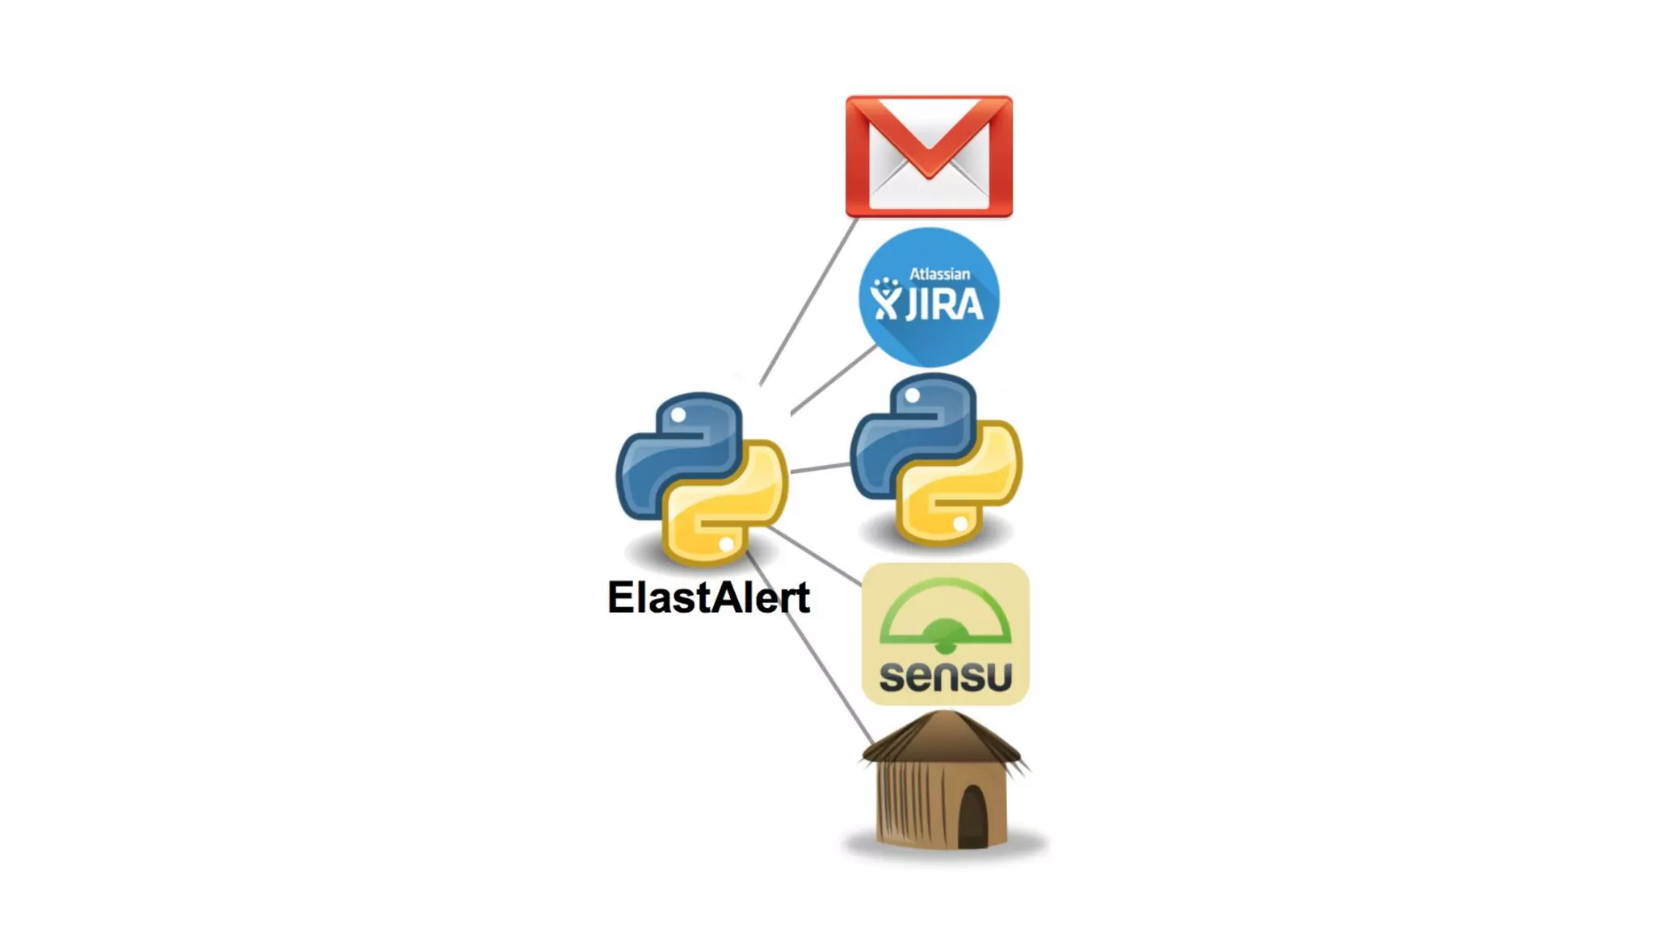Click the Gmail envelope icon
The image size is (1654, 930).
pyautogui.click(x=929, y=157)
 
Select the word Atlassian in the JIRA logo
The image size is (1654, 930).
pyautogui.click(x=939, y=274)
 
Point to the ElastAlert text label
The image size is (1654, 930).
pyautogui.click(x=708, y=598)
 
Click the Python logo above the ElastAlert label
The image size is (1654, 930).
pyautogui.click(x=701, y=478)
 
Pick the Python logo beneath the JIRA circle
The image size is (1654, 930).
pyautogui.click(x=936, y=459)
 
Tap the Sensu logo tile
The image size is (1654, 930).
pyautogui.click(x=946, y=634)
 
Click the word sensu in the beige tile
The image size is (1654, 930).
pyautogui.click(x=946, y=676)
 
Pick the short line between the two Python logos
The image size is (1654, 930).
pyautogui.click(x=820, y=467)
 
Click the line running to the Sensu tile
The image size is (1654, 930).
pyautogui.click(x=816, y=556)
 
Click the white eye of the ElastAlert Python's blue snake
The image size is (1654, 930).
pyautogui.click(x=678, y=415)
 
